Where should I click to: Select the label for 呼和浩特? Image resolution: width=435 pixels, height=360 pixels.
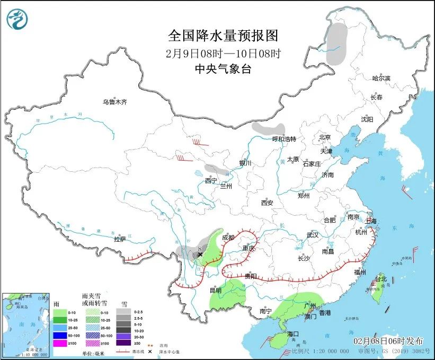(283, 139)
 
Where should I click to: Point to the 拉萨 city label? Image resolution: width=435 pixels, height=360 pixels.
(120, 239)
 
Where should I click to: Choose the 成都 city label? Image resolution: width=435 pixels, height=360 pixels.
(228, 238)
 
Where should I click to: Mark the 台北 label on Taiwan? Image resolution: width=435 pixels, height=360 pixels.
(381, 279)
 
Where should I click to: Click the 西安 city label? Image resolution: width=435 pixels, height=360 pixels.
(267, 203)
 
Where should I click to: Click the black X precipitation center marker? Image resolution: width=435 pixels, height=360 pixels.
(200, 255)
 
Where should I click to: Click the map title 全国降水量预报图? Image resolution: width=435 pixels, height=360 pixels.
(223, 36)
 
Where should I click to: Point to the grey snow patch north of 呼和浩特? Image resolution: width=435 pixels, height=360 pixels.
(268, 128)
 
